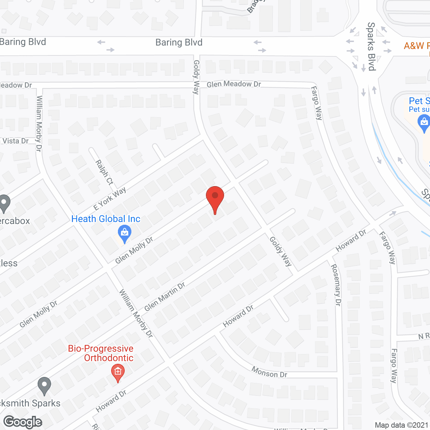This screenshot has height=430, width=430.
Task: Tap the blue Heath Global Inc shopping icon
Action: pos(125,233)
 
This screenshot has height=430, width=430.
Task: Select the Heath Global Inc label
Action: pos(106,219)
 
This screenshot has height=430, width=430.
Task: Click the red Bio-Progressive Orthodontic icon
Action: pos(118,372)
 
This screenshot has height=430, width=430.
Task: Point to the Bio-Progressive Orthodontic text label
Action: pos(101,353)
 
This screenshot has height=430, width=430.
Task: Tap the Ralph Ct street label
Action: pos(104,172)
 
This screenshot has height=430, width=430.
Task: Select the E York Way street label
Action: pos(110,199)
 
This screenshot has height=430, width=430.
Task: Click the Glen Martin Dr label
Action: pos(165,297)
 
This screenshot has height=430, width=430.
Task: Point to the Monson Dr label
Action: pos(269,372)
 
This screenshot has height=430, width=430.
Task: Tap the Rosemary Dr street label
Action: pos(336,285)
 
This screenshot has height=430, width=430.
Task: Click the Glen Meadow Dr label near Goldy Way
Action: pos(234,84)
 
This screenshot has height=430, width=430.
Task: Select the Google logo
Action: pos(23,422)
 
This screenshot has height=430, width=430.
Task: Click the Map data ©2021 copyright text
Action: pos(402,425)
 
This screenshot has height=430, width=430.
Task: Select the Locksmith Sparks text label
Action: pos(30,403)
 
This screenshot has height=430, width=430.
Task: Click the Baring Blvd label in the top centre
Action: pos(179,43)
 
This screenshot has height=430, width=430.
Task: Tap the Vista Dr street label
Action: pos(15,141)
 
